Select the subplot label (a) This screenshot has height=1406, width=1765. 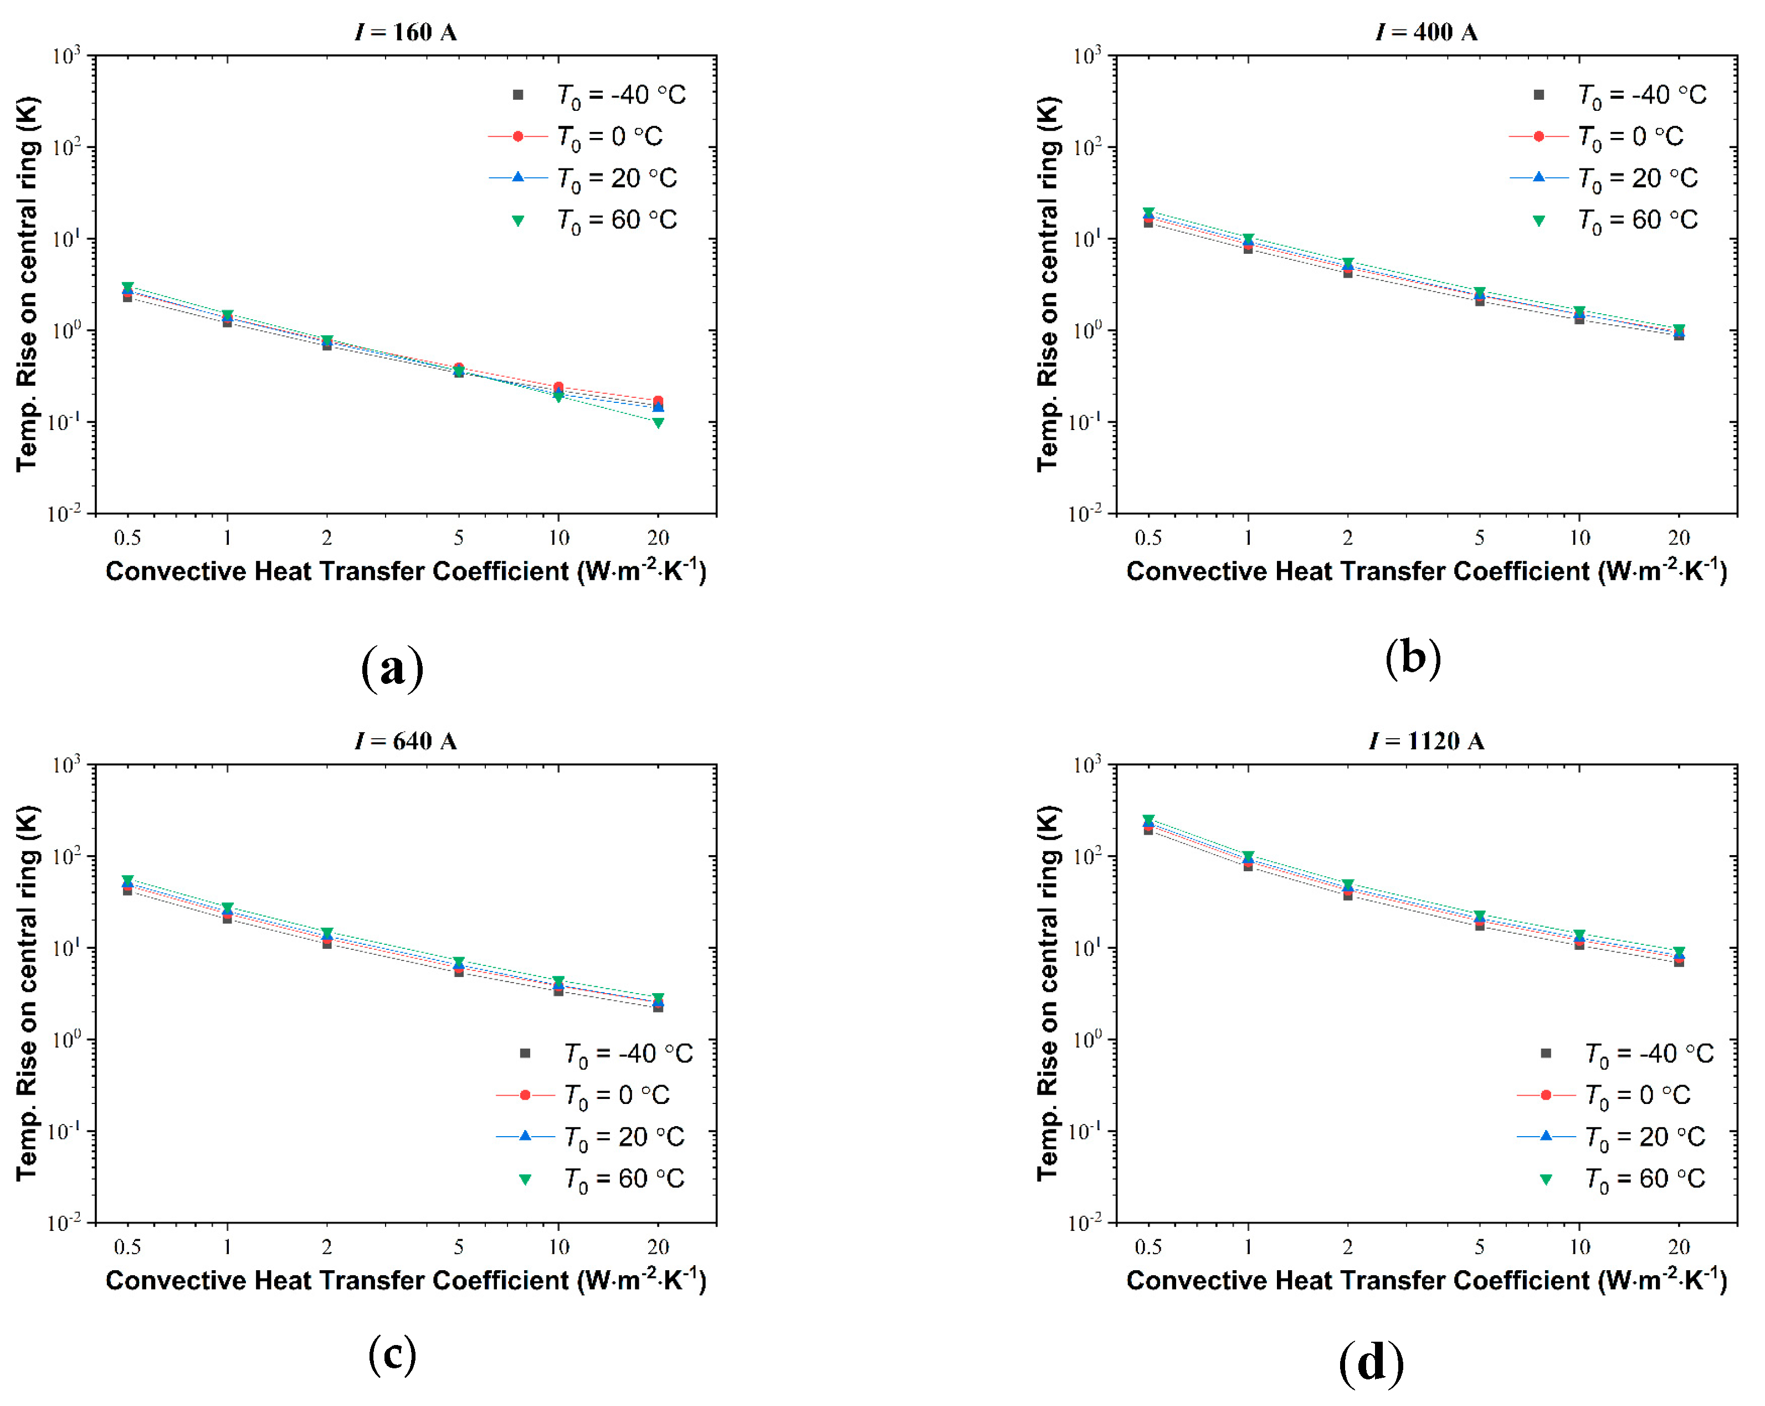(392, 667)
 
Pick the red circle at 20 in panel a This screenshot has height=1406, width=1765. (658, 401)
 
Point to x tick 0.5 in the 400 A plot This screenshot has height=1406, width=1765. (1148, 538)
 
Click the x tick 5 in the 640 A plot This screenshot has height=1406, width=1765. (459, 1247)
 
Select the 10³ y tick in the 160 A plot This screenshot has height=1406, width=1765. (65, 55)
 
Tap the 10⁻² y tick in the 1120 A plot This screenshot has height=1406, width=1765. (1086, 1224)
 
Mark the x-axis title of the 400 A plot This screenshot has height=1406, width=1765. (1426, 571)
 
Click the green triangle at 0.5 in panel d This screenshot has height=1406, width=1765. (1148, 820)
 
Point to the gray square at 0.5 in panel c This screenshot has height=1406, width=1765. (128, 890)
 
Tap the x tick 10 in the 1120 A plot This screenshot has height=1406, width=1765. (1579, 1247)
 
